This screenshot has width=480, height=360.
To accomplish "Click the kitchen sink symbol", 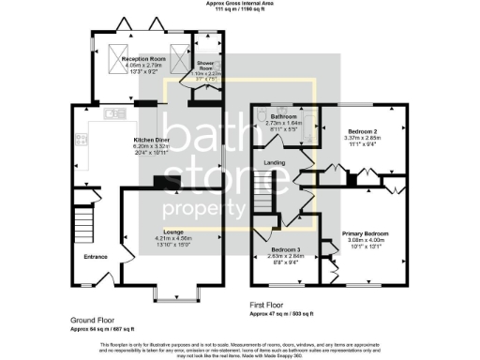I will click(114, 114).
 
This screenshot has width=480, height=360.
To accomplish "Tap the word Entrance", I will click(96, 256).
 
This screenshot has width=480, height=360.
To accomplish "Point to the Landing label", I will click(275, 163).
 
